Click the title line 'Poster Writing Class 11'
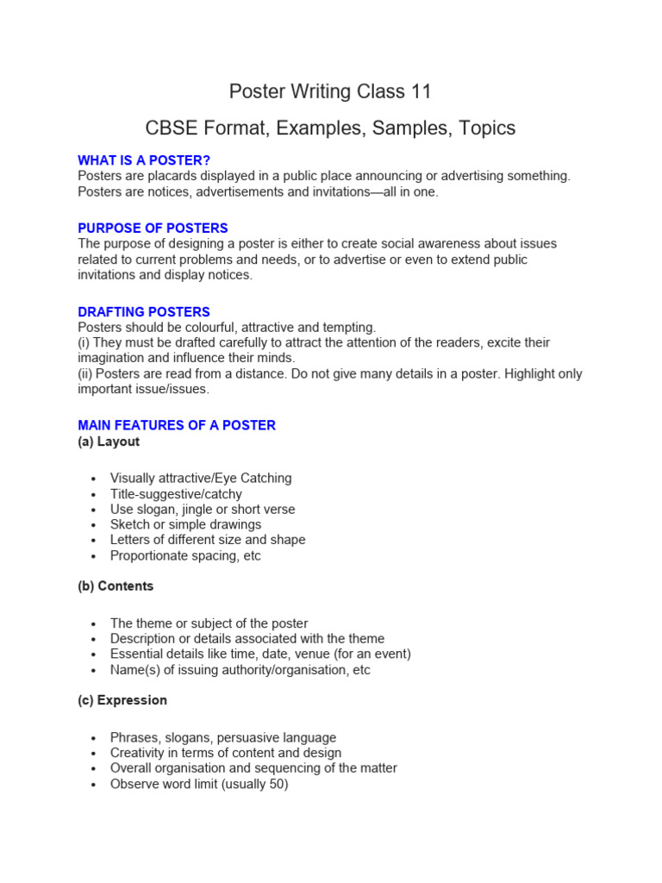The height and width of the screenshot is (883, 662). tap(330, 91)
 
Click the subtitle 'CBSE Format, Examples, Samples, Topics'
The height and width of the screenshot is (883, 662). tap(330, 128)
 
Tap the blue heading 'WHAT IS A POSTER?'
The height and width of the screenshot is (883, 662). tap(144, 160)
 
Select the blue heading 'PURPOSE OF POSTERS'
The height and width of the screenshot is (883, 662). tap(153, 229)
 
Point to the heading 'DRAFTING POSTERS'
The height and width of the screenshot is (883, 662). tap(144, 312)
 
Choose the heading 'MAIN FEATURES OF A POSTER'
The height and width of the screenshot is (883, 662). tap(177, 425)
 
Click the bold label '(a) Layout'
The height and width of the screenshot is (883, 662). tap(109, 441)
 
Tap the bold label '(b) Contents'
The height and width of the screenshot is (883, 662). tap(116, 586)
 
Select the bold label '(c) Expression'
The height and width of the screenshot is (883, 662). tap(122, 700)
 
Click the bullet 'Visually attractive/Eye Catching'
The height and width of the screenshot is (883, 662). tap(201, 479)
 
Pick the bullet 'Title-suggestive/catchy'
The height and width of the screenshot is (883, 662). tap(176, 494)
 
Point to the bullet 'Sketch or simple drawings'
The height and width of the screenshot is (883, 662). tap(185, 524)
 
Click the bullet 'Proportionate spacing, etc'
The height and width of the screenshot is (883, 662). tap(185, 555)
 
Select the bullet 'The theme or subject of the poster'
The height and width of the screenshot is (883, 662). tap(209, 623)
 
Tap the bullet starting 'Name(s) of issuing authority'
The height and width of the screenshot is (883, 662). tap(240, 670)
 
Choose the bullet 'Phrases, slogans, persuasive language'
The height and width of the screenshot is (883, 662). tap(223, 738)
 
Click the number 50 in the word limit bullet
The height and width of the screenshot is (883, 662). tap(275, 785)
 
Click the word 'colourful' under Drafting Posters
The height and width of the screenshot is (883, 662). tap(208, 328)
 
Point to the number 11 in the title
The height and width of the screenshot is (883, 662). tap(420, 91)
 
